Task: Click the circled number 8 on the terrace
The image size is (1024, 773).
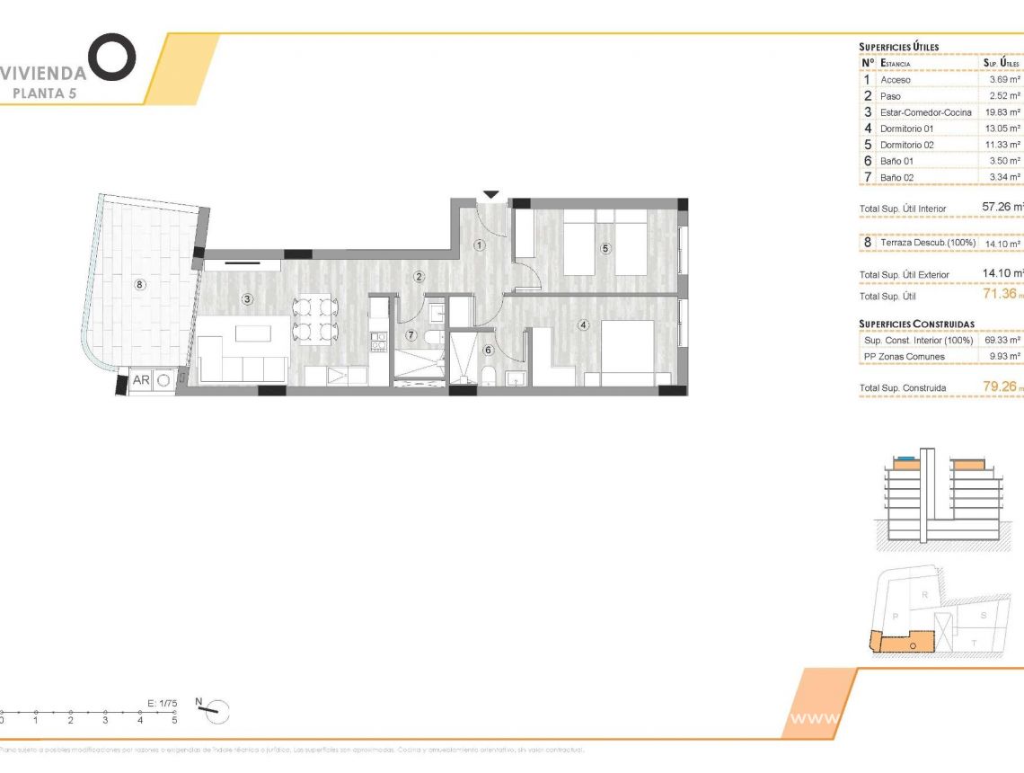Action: click(139, 285)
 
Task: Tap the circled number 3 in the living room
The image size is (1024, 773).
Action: click(245, 298)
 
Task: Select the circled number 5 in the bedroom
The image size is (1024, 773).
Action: click(605, 248)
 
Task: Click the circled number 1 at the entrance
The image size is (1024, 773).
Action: click(480, 244)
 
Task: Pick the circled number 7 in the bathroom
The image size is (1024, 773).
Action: click(410, 335)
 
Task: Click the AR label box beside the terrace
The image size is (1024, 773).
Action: click(142, 380)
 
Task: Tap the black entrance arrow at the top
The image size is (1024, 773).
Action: click(490, 194)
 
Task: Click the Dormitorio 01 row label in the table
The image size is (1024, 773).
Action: click(906, 129)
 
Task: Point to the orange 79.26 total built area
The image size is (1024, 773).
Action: click(1000, 387)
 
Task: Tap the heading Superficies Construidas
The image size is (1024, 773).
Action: click(916, 324)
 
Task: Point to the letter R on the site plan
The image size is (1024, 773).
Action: click(924, 595)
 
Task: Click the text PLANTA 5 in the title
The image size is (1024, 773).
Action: click(43, 92)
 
